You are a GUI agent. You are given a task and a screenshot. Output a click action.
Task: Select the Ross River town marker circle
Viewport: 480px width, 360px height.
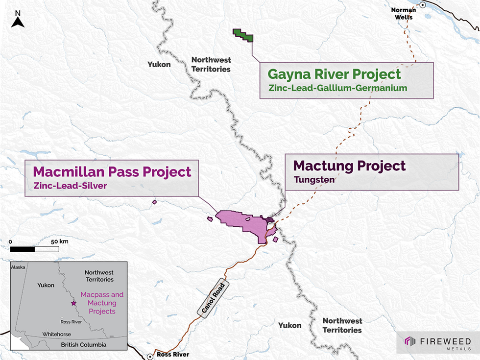(x=150, y=356)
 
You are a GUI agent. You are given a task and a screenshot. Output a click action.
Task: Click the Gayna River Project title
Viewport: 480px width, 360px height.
(x=334, y=75)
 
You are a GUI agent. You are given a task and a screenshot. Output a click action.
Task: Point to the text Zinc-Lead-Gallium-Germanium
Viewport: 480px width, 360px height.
(x=338, y=88)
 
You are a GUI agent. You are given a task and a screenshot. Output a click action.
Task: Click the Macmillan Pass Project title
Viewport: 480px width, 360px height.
(x=112, y=172)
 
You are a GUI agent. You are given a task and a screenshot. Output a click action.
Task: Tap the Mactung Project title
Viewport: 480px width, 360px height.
(x=349, y=166)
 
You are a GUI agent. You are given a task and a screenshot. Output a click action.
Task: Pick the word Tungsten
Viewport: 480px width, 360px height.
(x=314, y=180)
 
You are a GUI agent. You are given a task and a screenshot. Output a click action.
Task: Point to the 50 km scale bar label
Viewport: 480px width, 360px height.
(x=60, y=241)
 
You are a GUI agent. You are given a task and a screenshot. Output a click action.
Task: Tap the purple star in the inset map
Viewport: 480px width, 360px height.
(x=73, y=304)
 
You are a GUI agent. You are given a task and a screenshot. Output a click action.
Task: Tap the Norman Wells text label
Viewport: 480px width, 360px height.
(x=403, y=13)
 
